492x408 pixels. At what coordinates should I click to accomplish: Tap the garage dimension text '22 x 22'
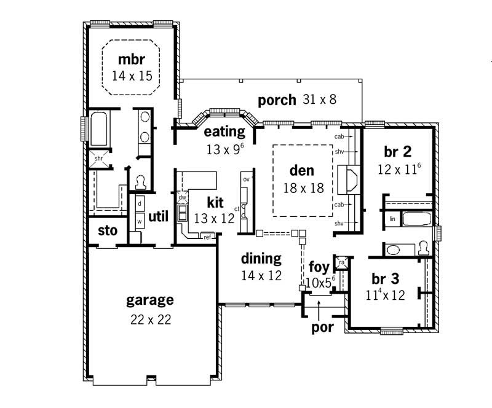(149, 319)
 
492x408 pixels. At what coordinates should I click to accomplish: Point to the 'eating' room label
(224, 131)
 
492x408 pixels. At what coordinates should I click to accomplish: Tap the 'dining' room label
(261, 259)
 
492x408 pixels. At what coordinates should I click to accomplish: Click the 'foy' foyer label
(319, 267)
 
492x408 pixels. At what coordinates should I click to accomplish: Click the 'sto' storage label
(108, 231)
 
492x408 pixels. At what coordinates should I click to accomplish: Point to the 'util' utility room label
(158, 216)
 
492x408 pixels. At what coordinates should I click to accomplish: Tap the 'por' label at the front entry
(322, 327)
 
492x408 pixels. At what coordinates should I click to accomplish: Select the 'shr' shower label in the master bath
(98, 159)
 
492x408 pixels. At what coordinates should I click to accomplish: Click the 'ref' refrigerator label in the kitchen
(207, 236)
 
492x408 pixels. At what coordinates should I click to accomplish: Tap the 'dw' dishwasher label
(182, 198)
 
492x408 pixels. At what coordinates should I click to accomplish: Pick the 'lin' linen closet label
(392, 218)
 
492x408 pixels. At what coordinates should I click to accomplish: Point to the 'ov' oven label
(245, 179)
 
